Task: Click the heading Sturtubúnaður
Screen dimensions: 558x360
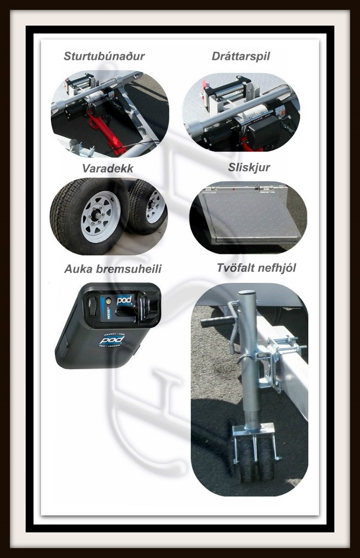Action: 104,56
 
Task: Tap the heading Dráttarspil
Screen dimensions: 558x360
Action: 241,56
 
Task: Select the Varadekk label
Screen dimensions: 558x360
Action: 108,168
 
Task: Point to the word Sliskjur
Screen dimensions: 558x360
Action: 249,168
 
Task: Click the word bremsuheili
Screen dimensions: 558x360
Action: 129,269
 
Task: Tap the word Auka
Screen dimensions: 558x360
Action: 79,269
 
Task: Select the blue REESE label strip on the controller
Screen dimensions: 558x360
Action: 103,308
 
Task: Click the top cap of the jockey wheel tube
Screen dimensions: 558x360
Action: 247,293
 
